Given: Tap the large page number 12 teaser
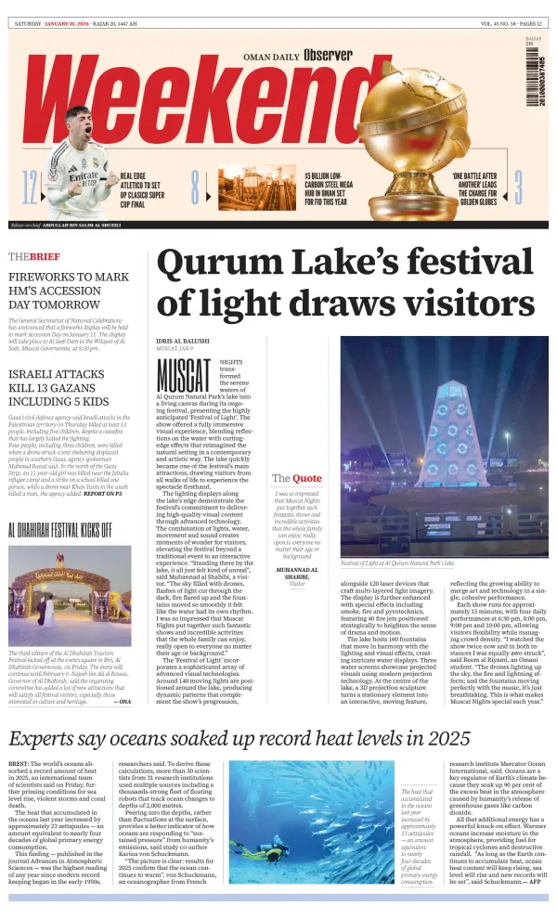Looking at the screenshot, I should (x=30, y=188).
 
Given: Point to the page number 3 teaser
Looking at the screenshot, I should (x=518, y=187).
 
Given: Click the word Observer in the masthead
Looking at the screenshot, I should (x=328, y=56).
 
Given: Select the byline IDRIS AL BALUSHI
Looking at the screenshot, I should (x=183, y=342).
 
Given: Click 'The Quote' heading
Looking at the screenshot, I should (x=297, y=478).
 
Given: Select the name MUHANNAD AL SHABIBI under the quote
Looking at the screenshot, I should (x=297, y=572).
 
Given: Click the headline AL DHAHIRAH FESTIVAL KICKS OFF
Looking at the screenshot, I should (x=60, y=530).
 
